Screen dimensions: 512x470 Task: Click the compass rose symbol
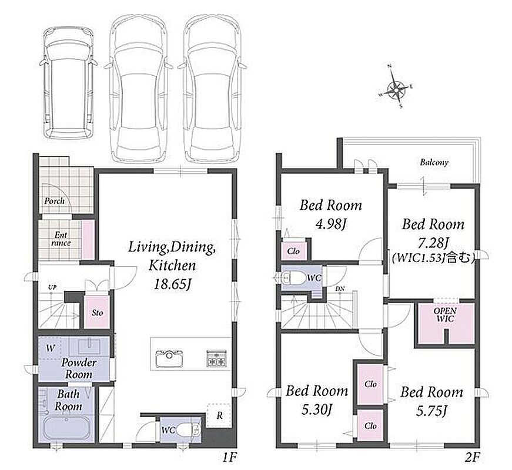pos(396,87)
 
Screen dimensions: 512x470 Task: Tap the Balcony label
pos(434,162)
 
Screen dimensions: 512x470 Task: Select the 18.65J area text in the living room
pos(172,284)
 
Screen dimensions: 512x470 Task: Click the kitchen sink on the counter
pos(169,358)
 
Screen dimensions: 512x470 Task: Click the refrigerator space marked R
pos(219,415)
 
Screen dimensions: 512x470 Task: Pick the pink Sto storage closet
pos(97,312)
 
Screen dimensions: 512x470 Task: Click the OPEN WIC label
pos(445,314)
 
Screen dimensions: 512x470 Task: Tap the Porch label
pos(54,201)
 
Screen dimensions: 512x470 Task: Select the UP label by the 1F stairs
pos(52,287)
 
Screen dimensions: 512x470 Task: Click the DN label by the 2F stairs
pos(339,289)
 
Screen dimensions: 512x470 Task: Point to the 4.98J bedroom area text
pos(331,224)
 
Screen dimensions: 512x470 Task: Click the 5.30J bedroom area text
pos(317,410)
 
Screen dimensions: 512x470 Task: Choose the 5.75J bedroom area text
pos(431,411)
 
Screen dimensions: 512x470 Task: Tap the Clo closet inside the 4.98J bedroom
pos(293,251)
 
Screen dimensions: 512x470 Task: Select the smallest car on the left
pos(68,85)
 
